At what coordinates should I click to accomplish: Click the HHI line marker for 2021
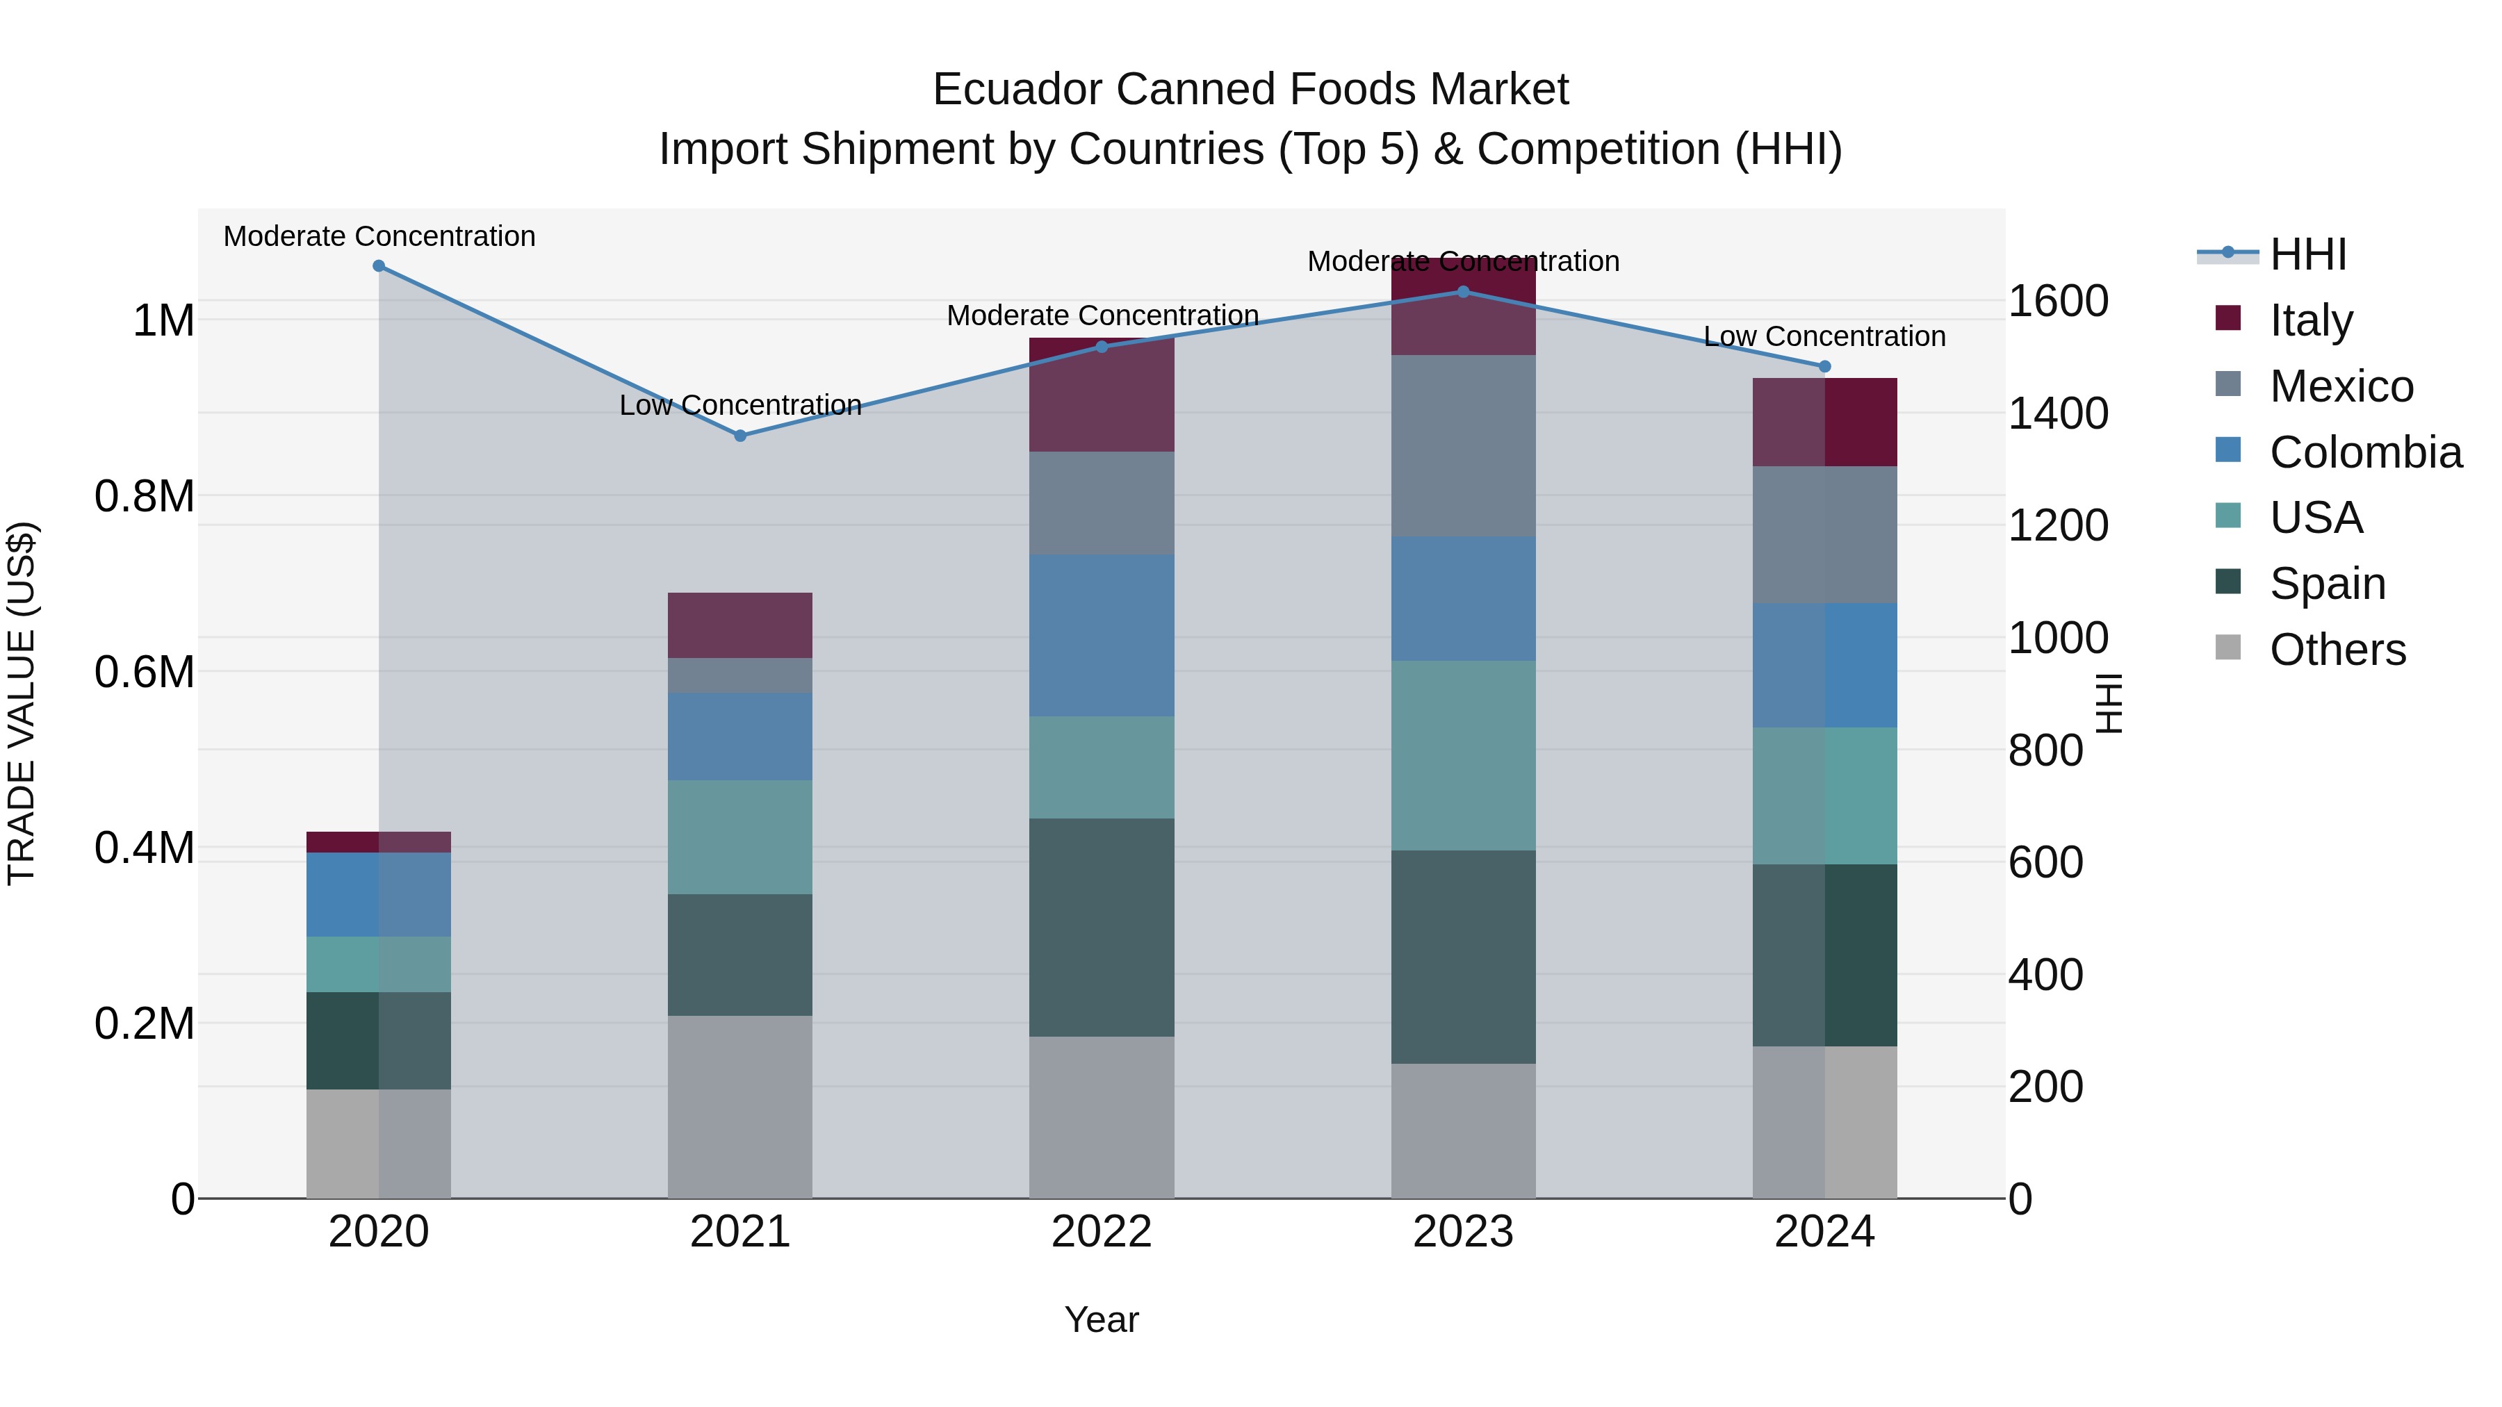pos(740,436)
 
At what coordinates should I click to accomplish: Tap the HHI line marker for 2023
pos(1464,291)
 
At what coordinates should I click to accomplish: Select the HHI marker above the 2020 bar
pos(379,266)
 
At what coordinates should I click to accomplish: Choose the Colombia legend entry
pos(2364,452)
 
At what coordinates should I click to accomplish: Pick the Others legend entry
pos(2337,649)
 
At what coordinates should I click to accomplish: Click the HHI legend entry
pos(2307,254)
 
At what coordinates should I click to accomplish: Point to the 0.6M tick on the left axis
pos(145,672)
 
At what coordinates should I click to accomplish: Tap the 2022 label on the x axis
pos(1102,1232)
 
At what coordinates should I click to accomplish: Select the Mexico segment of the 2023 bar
pos(1464,445)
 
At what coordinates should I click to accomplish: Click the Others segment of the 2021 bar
pos(740,1106)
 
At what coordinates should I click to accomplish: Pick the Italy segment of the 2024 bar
pos(1824,422)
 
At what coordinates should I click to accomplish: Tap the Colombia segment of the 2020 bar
pos(379,894)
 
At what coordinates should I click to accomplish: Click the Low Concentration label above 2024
pos(1824,336)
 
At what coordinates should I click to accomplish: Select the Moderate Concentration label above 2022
pos(1102,315)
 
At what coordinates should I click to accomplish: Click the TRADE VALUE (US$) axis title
pos(22,703)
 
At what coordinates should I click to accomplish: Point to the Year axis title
pos(1102,1319)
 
